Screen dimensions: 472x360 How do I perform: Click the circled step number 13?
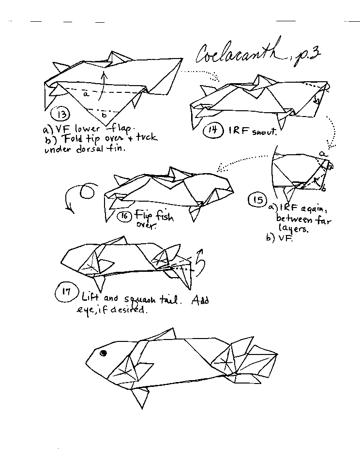click(x=61, y=115)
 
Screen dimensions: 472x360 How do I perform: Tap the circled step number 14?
click(x=212, y=130)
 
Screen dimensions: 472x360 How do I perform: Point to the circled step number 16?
click(x=124, y=216)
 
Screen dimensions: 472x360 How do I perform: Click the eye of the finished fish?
click(x=103, y=354)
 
